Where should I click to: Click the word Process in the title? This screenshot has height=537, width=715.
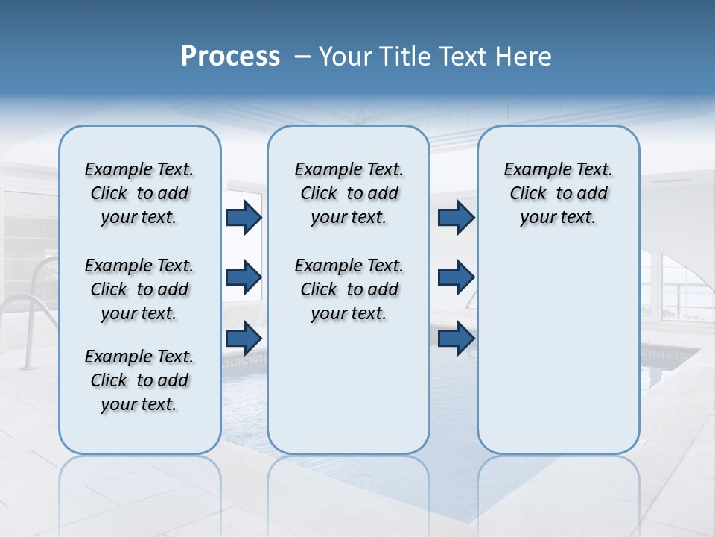230,57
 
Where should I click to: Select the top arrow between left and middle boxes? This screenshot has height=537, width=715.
244,217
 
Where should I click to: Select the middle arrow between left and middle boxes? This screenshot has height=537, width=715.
244,277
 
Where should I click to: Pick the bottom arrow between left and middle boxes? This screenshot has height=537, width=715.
244,338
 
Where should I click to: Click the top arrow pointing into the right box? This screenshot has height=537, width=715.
456,217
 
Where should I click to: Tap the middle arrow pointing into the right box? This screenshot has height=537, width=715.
456,277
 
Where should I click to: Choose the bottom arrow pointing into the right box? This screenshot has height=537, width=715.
456,338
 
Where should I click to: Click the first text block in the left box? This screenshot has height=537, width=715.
139,193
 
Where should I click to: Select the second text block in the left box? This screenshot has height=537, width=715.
139,289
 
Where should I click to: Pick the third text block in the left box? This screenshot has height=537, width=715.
139,380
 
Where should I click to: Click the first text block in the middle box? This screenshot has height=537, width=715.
349,193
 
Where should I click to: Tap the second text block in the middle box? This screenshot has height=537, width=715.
349,289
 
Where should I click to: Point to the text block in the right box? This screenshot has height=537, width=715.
558,193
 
